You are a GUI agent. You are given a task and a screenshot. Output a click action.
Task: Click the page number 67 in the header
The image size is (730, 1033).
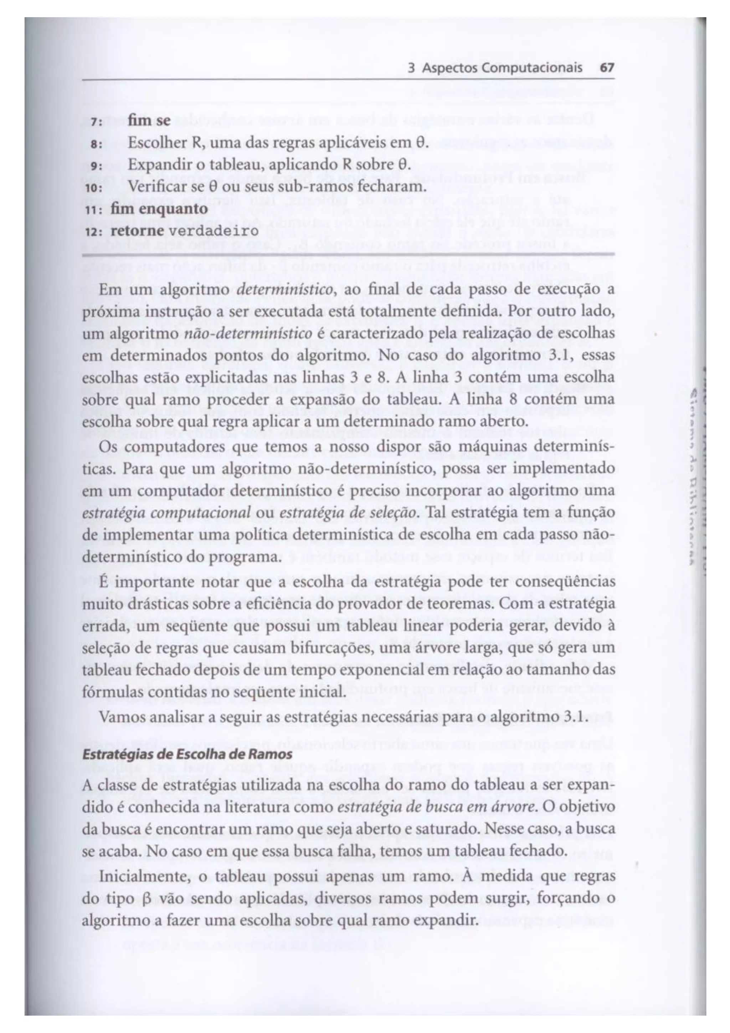(607, 68)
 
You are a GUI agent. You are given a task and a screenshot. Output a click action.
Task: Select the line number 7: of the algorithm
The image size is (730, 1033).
(96, 122)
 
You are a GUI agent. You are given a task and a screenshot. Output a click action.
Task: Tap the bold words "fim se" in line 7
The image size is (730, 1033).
(149, 121)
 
